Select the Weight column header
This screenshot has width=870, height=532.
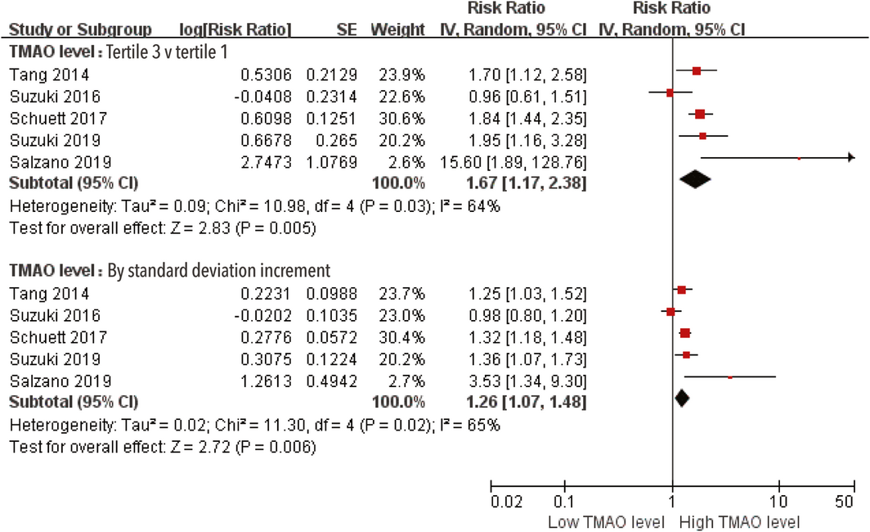click(397, 29)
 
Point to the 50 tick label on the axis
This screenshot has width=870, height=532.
click(846, 501)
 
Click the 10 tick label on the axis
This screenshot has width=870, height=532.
click(778, 501)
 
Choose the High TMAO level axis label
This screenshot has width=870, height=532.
click(739, 521)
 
